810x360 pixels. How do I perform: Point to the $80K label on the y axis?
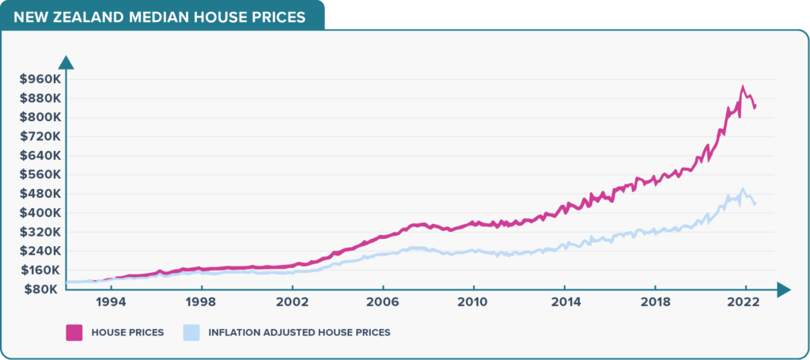pyautogui.click(x=36, y=290)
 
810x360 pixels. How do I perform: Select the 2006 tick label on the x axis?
pyautogui.click(x=383, y=303)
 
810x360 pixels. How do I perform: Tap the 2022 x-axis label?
pyautogui.click(x=744, y=303)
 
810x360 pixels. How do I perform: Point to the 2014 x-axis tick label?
pyautogui.click(x=564, y=303)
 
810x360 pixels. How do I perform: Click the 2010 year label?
pyautogui.click(x=473, y=303)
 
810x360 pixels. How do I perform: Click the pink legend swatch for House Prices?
pyautogui.click(x=75, y=332)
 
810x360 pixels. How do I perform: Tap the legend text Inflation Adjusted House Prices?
pyautogui.click(x=299, y=332)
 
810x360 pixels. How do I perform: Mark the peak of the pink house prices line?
pyautogui.click(x=742, y=87)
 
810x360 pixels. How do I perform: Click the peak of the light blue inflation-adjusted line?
pyautogui.click(x=742, y=189)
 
